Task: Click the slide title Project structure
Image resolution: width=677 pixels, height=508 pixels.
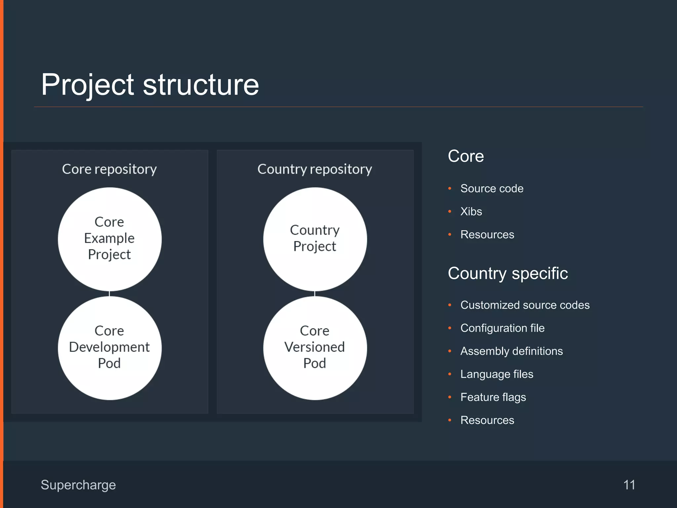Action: pyautogui.click(x=150, y=85)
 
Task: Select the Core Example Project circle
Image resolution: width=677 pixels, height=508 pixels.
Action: pyautogui.click(x=109, y=239)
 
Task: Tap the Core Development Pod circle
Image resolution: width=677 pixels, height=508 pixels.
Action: pyautogui.click(x=109, y=348)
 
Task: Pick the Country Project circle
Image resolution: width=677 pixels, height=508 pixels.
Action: pyautogui.click(x=315, y=239)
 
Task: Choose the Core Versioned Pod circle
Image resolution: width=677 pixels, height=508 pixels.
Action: pyautogui.click(x=315, y=348)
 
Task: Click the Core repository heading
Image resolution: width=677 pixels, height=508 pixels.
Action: pyautogui.click(x=109, y=169)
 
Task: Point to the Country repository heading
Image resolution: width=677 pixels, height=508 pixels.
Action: pyautogui.click(x=314, y=169)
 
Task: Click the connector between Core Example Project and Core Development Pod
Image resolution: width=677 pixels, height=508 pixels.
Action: pyautogui.click(x=109, y=294)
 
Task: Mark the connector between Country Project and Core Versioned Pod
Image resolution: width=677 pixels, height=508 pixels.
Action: pyautogui.click(x=315, y=294)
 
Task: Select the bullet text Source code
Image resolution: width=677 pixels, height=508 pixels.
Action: pyautogui.click(x=492, y=189)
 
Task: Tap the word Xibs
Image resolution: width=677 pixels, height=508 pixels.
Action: pyautogui.click(x=471, y=212)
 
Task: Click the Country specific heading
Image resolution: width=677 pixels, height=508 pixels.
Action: pyautogui.click(x=507, y=274)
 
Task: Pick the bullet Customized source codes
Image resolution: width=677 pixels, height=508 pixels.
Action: pyautogui.click(x=525, y=305)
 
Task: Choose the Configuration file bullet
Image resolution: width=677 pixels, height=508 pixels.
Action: pyautogui.click(x=502, y=328)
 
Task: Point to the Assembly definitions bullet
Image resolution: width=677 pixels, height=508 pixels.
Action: pyautogui.click(x=511, y=351)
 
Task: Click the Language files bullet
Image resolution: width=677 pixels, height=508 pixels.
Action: pyautogui.click(x=497, y=374)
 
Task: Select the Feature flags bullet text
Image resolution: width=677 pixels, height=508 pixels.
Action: pyautogui.click(x=493, y=397)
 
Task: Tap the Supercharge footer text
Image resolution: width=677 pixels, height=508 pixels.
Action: pyautogui.click(x=78, y=485)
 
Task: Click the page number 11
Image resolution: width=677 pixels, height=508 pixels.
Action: pyautogui.click(x=629, y=485)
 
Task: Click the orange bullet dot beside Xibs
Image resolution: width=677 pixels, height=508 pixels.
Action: pyautogui.click(x=450, y=212)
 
